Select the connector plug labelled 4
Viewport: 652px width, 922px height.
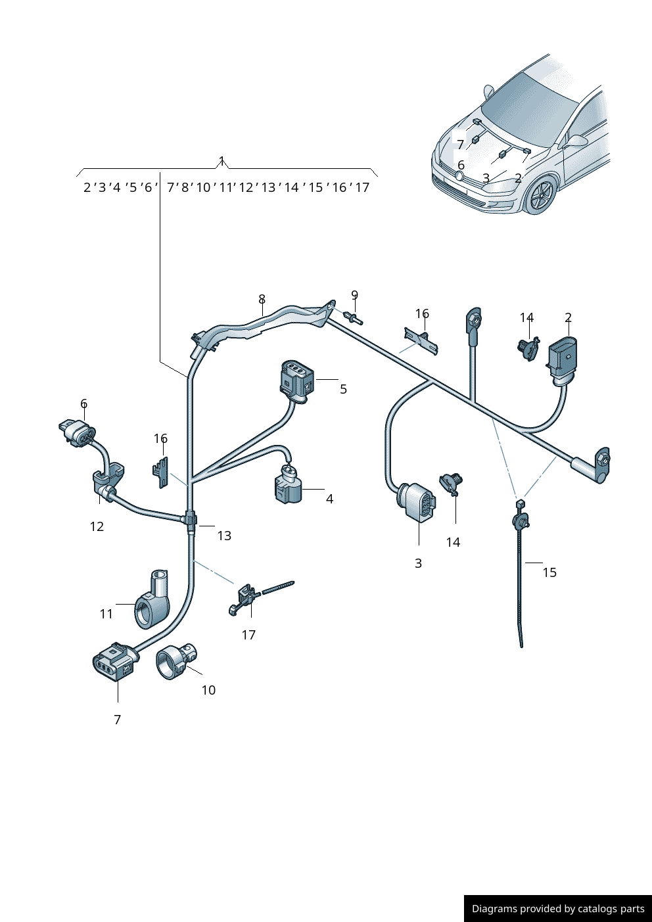tap(288, 487)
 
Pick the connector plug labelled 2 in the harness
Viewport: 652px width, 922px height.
tap(563, 357)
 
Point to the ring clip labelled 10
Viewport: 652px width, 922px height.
tap(176, 660)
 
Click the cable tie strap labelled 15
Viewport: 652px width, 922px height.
tap(520, 578)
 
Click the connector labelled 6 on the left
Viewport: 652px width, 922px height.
tap(77, 433)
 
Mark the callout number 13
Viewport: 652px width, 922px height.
tap(224, 536)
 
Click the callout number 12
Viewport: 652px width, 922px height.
tap(97, 526)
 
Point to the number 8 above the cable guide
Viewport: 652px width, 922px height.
tap(262, 299)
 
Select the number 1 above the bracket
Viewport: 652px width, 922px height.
tap(222, 160)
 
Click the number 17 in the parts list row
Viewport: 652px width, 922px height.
tap(362, 187)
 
